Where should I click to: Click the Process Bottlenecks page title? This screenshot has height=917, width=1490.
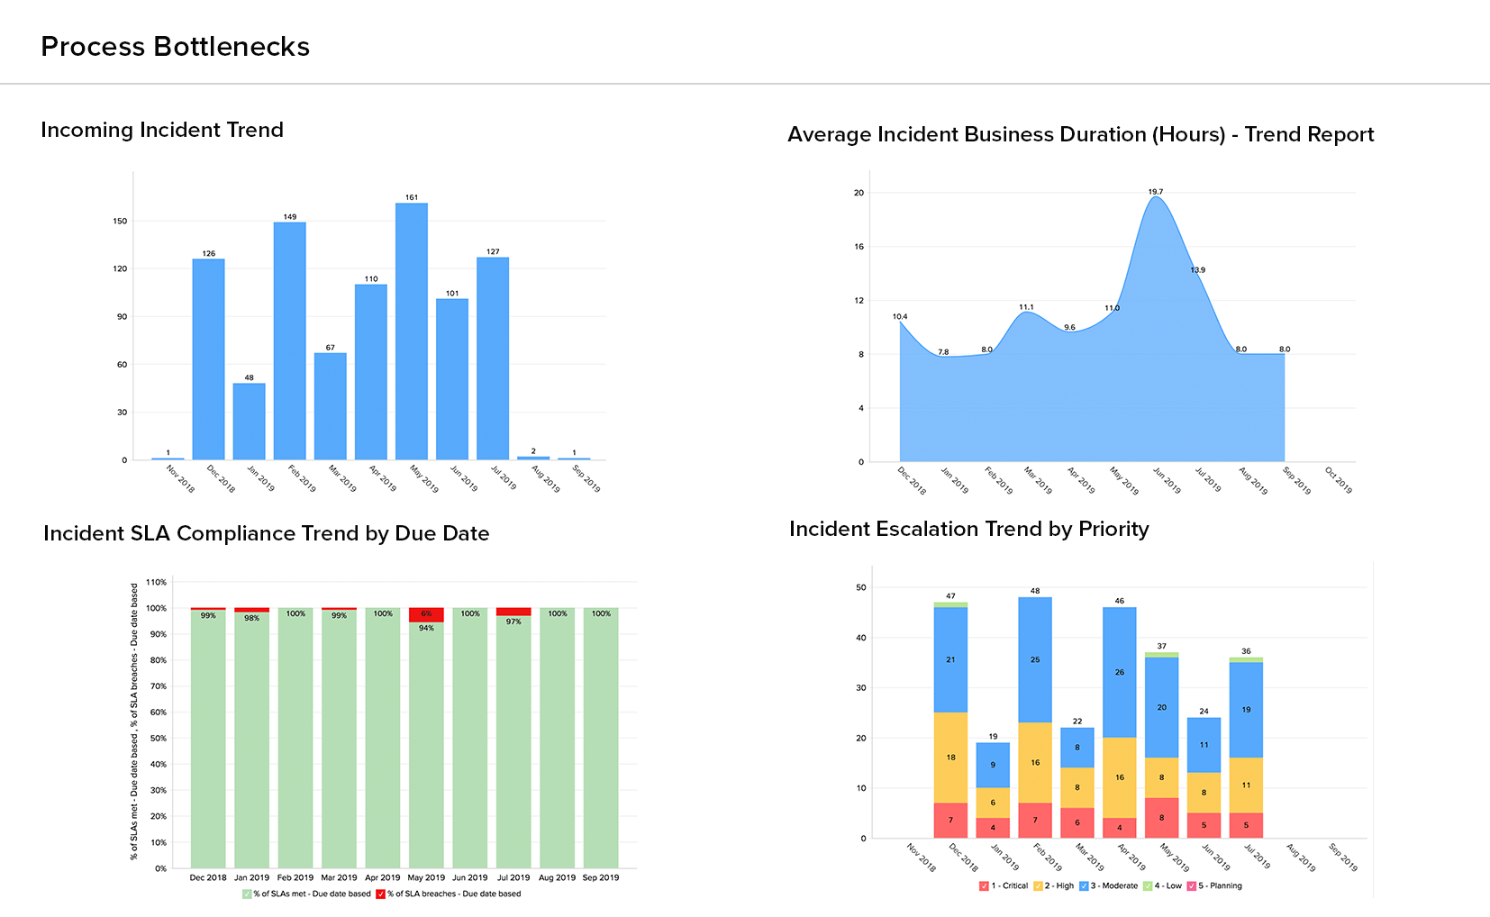(175, 47)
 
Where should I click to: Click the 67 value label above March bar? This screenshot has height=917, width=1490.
(331, 348)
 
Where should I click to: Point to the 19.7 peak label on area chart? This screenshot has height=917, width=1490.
(1156, 192)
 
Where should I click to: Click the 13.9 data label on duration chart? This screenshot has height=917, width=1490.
(1197, 270)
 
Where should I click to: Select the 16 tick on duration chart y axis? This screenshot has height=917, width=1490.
(859, 247)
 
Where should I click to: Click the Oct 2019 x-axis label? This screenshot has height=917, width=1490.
(1339, 479)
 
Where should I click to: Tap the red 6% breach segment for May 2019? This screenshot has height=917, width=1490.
(426, 614)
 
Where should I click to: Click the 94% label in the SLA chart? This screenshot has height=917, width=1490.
(426, 628)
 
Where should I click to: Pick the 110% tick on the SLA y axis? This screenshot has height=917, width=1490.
(157, 583)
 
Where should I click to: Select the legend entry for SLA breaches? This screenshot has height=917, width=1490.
(449, 894)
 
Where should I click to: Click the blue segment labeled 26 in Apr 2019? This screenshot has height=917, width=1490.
(1119, 672)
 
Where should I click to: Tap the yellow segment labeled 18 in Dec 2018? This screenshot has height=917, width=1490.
(950, 757)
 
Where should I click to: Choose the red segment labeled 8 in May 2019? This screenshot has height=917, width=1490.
(1161, 818)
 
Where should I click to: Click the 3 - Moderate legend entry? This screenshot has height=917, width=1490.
(1109, 886)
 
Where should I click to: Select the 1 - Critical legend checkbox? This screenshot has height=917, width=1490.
(984, 886)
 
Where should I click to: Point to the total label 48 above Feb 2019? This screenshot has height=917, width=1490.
(1035, 591)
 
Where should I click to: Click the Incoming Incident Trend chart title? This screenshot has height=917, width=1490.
(162, 130)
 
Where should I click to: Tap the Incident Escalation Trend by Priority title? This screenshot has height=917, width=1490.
(968, 529)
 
